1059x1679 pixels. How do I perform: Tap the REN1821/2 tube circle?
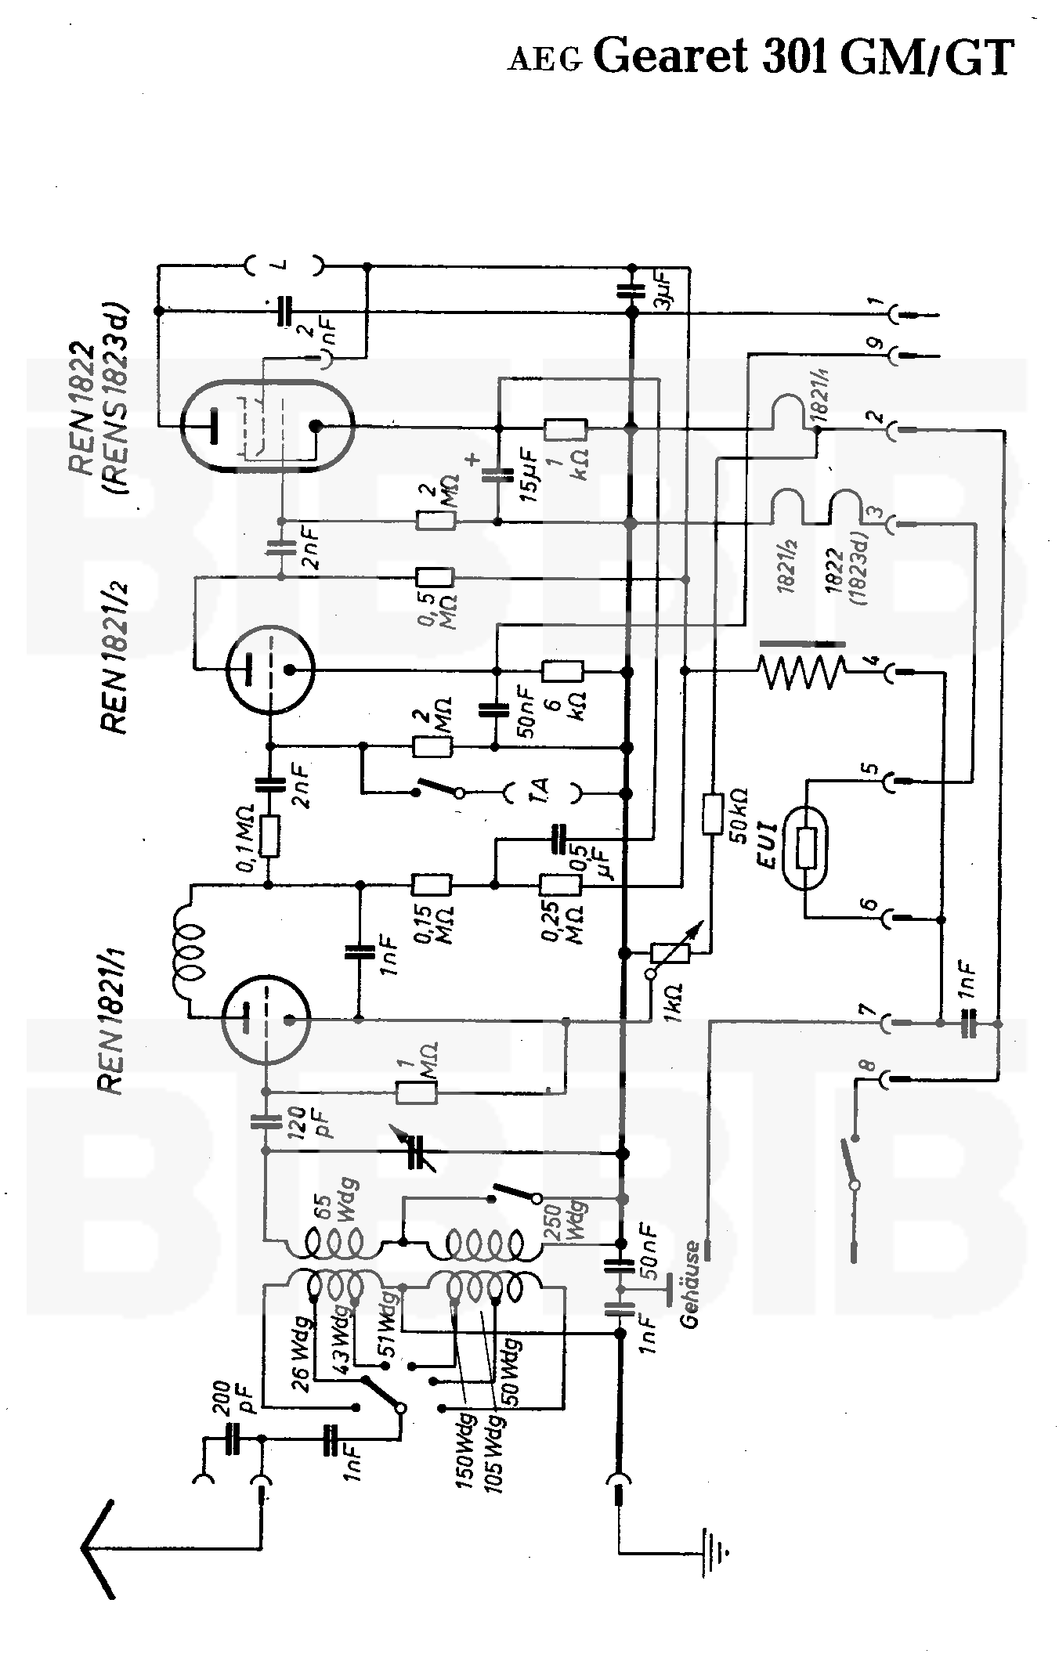tap(269, 670)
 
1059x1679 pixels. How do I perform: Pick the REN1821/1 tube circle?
tap(266, 1019)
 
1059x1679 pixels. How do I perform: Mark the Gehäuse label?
tap(689, 1284)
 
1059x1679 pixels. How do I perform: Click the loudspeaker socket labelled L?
tap(283, 265)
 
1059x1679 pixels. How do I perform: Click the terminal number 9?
tap(876, 344)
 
